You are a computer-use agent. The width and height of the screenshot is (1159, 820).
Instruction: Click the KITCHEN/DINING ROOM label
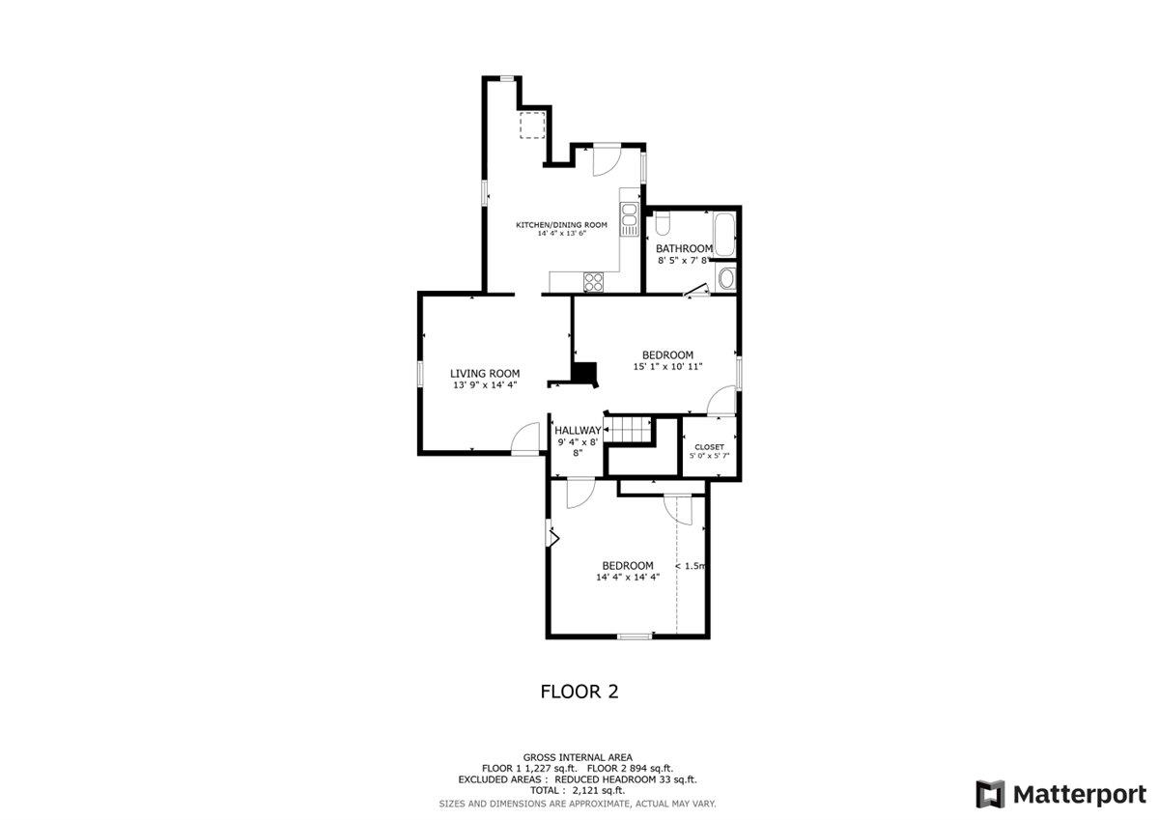(x=561, y=225)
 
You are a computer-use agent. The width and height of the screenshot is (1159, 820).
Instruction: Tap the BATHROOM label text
(x=684, y=248)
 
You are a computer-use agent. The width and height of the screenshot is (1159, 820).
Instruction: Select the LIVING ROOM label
(x=485, y=374)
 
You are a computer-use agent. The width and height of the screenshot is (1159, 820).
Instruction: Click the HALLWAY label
(x=578, y=431)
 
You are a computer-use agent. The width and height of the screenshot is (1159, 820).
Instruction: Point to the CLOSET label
(x=709, y=447)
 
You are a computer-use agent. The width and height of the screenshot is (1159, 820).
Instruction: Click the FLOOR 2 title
(x=579, y=692)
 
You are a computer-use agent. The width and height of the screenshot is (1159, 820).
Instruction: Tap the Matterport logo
(x=1061, y=794)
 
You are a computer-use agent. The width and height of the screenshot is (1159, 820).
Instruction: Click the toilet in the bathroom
(x=663, y=223)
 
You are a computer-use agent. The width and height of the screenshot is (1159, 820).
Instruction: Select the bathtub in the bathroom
(x=724, y=234)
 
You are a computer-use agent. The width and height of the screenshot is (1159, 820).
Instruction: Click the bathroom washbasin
(x=726, y=279)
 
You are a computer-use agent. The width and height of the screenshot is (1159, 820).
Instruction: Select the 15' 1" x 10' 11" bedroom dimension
(x=667, y=367)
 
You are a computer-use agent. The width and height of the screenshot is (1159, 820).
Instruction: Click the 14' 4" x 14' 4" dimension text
(x=628, y=578)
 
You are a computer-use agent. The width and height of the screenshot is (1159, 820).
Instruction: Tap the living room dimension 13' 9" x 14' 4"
(x=485, y=385)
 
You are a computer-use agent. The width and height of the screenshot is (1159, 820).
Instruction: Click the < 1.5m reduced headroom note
(x=691, y=566)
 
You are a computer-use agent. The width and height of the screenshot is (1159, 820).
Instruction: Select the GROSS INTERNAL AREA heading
(x=578, y=758)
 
